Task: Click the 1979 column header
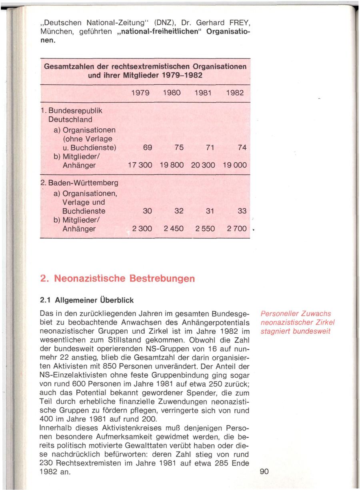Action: pyautogui.click(x=140, y=93)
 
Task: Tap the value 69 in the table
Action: pyautogui.click(x=147, y=147)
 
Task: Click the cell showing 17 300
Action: pyautogui.click(x=140, y=165)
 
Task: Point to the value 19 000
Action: pyautogui.click(x=235, y=165)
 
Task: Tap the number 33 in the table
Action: pyautogui.click(x=242, y=211)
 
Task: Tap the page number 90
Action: pyautogui.click(x=264, y=472)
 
